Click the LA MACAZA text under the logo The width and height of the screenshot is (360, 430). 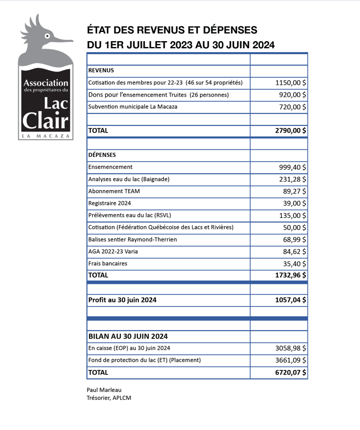46,136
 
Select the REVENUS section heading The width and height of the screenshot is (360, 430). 101,71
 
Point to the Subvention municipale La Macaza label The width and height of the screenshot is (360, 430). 132,107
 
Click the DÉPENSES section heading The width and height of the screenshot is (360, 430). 102,155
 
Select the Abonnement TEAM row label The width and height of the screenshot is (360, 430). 114,191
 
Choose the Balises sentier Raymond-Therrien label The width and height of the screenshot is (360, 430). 132,239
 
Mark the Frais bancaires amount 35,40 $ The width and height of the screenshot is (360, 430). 294,264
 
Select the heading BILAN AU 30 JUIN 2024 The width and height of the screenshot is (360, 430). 128,336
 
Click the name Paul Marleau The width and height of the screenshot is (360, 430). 104,390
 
